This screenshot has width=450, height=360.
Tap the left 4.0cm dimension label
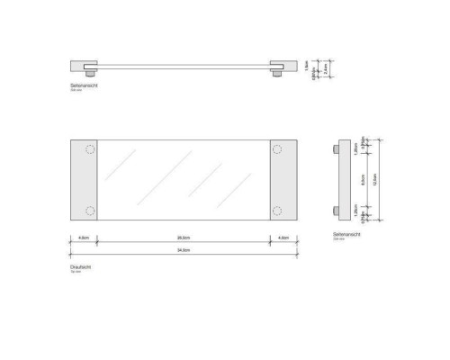[x=84, y=237]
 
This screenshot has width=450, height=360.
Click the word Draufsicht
[x=82, y=267]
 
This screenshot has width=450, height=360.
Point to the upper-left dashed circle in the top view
[x=90, y=149]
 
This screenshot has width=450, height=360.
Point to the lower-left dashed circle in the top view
[x=90, y=211]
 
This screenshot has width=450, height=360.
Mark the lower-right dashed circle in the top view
[x=277, y=211]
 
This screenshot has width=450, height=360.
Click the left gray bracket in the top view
[x=84, y=180]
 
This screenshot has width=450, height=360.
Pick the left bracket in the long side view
[x=86, y=67]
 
